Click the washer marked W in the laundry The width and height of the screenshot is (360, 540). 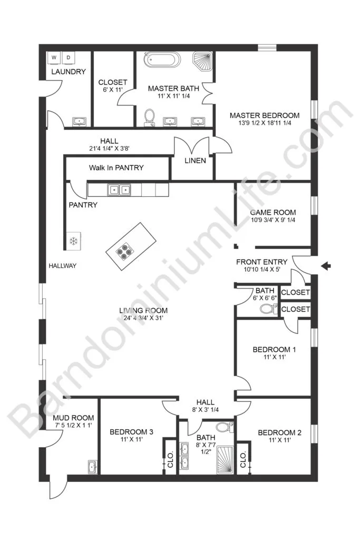54,58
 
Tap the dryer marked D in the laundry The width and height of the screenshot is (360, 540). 69,58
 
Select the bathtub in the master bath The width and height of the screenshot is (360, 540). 162,60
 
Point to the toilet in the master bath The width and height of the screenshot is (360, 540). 150,117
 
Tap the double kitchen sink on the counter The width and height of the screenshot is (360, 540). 119,189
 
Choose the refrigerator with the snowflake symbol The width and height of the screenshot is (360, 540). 74,240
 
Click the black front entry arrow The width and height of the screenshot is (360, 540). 326,266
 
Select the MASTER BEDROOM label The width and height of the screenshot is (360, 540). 264,115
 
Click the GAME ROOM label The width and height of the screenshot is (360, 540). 273,213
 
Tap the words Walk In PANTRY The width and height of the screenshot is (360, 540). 116,168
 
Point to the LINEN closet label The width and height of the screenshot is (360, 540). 195,160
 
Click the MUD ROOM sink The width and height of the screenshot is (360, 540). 92,467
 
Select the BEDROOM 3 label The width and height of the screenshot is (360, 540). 131,432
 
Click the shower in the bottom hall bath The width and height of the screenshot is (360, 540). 225,460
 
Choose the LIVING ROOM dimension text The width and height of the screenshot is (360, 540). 143,318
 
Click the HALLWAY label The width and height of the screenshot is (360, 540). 62,266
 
